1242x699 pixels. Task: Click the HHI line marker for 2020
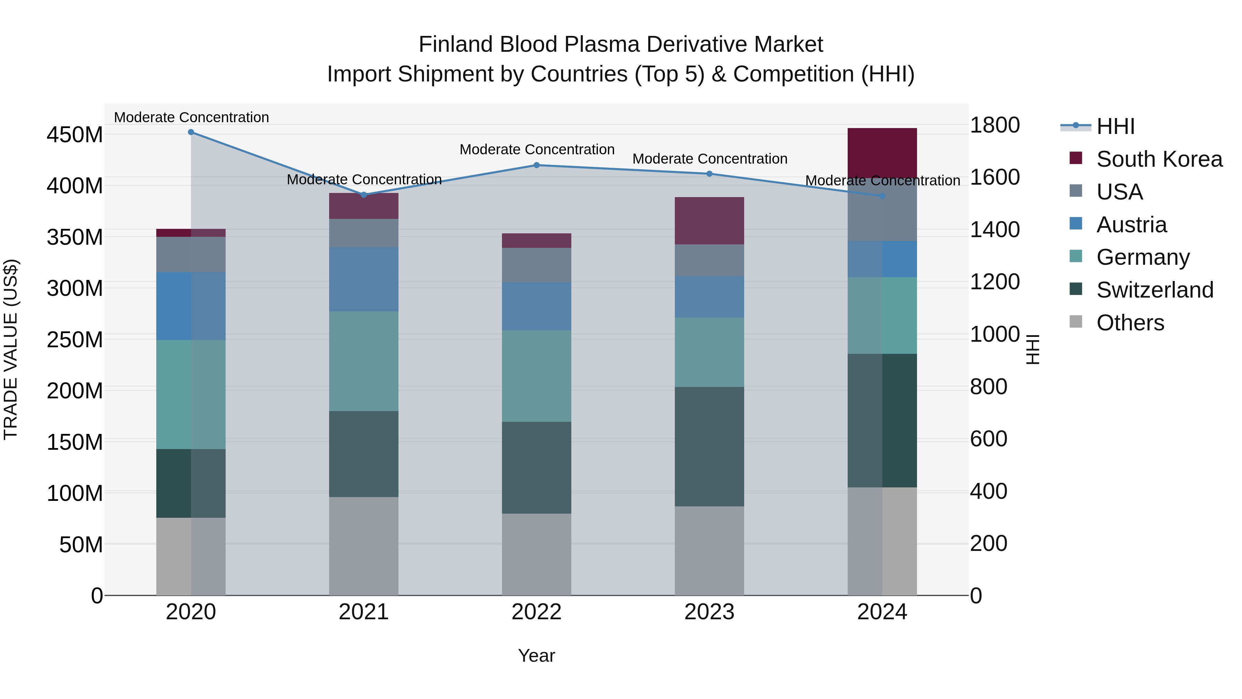pos(191,132)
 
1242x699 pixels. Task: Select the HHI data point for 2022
pos(536,165)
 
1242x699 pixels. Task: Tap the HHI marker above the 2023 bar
pos(709,174)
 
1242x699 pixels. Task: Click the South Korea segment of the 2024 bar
pos(882,153)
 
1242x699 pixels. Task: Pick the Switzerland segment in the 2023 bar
pos(709,446)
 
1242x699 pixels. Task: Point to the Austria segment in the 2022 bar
pos(536,306)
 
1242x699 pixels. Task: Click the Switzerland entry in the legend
pos(1154,290)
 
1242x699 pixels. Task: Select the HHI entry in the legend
pos(1115,126)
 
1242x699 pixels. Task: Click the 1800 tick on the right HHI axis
pos(995,125)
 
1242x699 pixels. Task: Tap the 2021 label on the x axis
pos(364,612)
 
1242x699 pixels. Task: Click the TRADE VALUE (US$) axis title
pos(11,350)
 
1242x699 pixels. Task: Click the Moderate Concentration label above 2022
pos(536,149)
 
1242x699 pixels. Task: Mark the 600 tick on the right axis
pos(988,439)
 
